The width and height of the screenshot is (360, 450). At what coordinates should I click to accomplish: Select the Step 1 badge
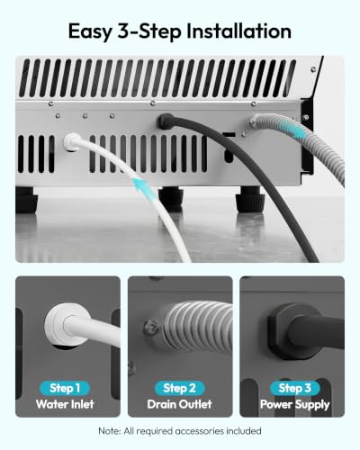coord(65,388)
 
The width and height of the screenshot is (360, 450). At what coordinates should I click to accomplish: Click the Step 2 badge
coord(179,388)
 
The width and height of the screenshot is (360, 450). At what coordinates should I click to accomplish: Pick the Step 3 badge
coord(294,388)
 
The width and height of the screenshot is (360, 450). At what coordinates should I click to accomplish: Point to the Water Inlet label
coord(65,404)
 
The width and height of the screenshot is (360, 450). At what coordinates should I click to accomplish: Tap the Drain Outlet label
coord(179,404)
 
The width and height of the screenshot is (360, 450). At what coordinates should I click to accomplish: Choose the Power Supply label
coord(295,405)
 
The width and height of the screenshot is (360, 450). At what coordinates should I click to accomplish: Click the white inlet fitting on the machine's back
coord(71,141)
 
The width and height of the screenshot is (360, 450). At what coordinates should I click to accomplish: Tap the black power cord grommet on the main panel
coord(165,121)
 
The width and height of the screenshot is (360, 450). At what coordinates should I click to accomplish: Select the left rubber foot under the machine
coord(26,200)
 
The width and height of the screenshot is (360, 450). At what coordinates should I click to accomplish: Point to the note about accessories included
coord(180,431)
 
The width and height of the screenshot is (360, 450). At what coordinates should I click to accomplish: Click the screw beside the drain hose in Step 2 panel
coord(150,328)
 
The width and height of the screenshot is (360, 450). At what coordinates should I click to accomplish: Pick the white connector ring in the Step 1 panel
coord(67,326)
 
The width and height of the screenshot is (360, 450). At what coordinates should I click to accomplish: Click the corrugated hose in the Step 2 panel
coord(199,328)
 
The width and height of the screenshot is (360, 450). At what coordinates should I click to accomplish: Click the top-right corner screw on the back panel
coord(313,69)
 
